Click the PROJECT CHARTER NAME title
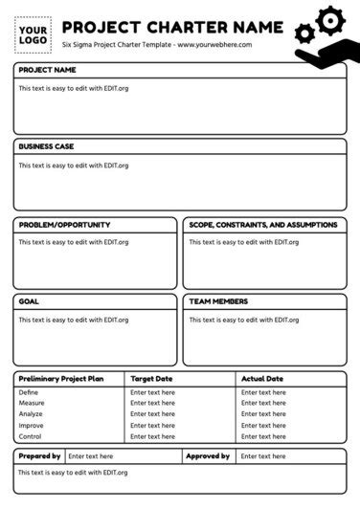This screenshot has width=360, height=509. click(172, 27)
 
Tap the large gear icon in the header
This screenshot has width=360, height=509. click(329, 19)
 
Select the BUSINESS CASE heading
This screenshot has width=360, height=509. click(46, 146)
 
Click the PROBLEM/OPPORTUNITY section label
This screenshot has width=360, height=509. click(64, 225)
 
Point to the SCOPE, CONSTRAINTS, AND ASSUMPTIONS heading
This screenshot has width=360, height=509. click(262, 225)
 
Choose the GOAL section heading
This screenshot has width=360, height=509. click(29, 301)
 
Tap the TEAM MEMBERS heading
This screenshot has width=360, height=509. click(218, 301)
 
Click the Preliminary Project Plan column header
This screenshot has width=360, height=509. click(61, 379)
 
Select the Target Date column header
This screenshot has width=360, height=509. click(152, 379)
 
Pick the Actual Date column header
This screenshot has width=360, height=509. click(262, 379)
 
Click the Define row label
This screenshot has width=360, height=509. click(29, 392)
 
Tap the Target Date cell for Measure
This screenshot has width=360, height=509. click(153, 403)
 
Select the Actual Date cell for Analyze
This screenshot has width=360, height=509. click(263, 414)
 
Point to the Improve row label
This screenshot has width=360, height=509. click(32, 425)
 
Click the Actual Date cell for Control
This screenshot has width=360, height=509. click(263, 436)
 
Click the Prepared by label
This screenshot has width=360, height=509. click(39, 456)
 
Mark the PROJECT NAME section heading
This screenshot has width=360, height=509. click(47, 71)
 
